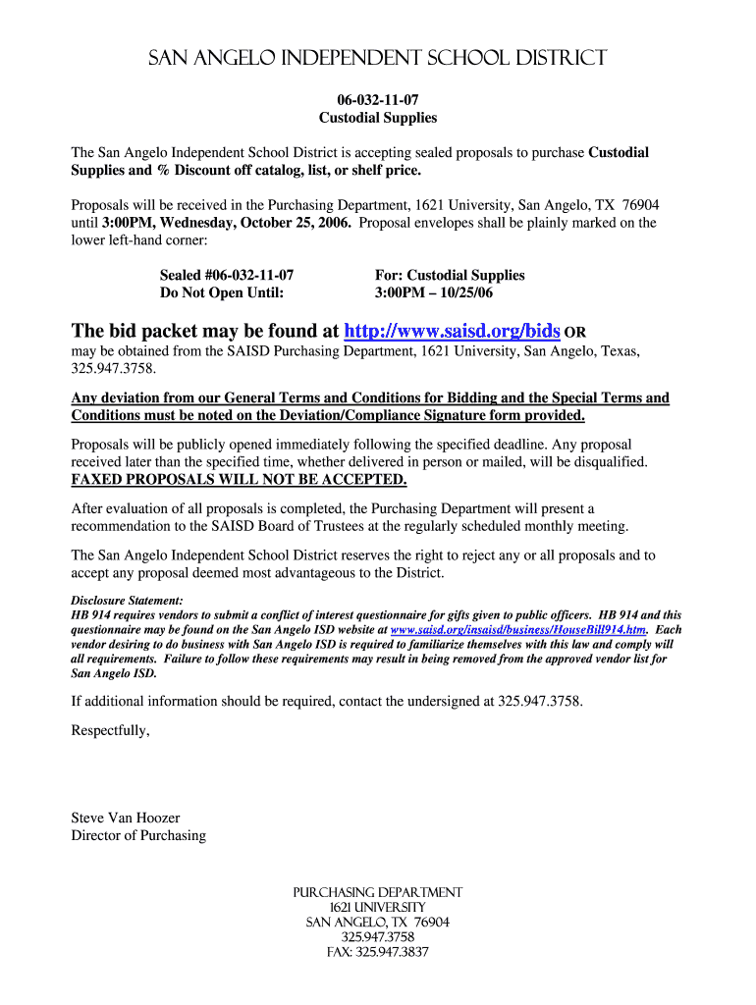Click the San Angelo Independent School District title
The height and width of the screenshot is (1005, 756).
378,59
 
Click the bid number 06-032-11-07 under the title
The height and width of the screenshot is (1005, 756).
378,100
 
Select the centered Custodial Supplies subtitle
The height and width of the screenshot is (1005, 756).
378,118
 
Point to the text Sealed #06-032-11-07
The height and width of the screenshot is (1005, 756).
227,276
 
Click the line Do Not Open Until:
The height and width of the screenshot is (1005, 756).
222,293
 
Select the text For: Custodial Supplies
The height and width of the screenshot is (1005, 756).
450,276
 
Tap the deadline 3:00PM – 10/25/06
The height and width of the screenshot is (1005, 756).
434,293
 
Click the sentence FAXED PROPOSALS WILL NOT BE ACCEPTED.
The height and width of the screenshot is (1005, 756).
239,479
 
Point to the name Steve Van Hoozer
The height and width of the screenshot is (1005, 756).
126,818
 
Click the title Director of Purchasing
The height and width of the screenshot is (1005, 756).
138,835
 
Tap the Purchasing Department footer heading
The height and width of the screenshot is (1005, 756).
378,892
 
